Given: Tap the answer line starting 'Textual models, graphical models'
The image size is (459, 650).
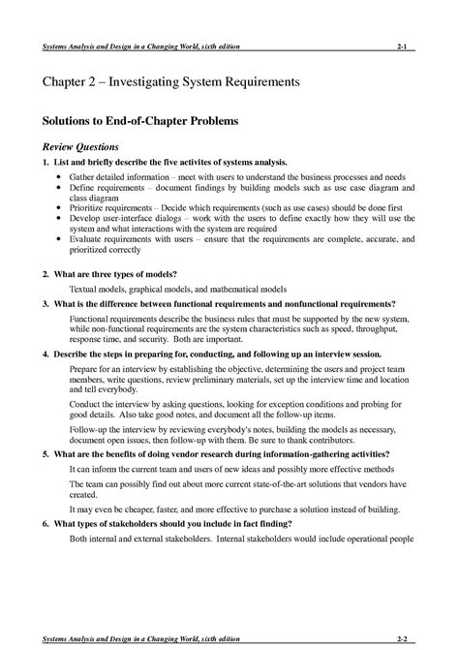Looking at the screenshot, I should (x=178, y=290).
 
